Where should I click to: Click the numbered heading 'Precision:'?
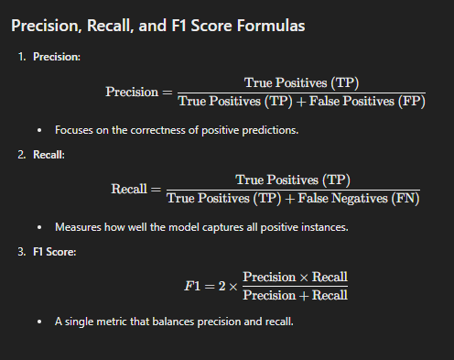click(57, 57)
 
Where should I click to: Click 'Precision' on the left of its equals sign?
click(132, 93)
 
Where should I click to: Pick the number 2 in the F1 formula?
click(219, 286)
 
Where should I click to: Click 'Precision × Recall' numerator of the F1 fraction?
click(295, 277)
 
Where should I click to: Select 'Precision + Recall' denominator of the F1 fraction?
click(295, 295)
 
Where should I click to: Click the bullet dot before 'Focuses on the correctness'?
click(38, 130)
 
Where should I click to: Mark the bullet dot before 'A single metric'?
click(38, 323)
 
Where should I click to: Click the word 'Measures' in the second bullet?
click(77, 226)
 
